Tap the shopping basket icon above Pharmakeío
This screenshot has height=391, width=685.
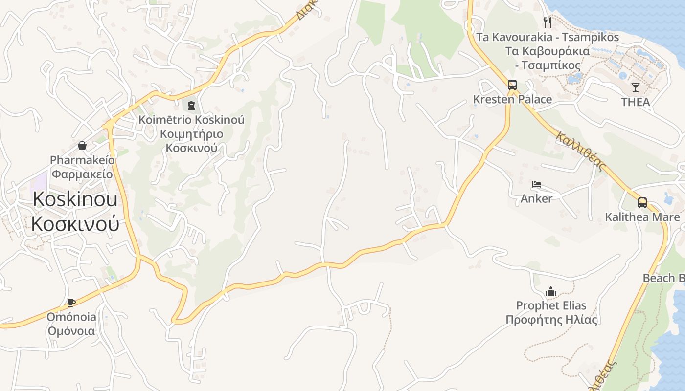[x=82, y=146]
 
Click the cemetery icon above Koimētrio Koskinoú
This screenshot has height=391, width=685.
[x=191, y=105]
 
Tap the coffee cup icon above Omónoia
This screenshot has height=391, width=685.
[x=71, y=303]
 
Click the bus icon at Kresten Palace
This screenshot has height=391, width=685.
[x=512, y=85]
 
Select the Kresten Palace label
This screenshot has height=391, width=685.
[x=512, y=99]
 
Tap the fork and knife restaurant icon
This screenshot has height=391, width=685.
[x=548, y=22]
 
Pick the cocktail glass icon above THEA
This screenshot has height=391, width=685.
[x=636, y=87]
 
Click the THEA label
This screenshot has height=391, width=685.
[x=636, y=102]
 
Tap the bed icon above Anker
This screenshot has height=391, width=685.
[x=537, y=184]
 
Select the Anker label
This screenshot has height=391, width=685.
[x=537, y=198]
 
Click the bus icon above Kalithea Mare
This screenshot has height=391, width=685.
[x=642, y=202]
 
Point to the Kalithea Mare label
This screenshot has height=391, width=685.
[x=642, y=217]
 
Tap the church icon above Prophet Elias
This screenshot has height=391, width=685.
[x=551, y=291]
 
